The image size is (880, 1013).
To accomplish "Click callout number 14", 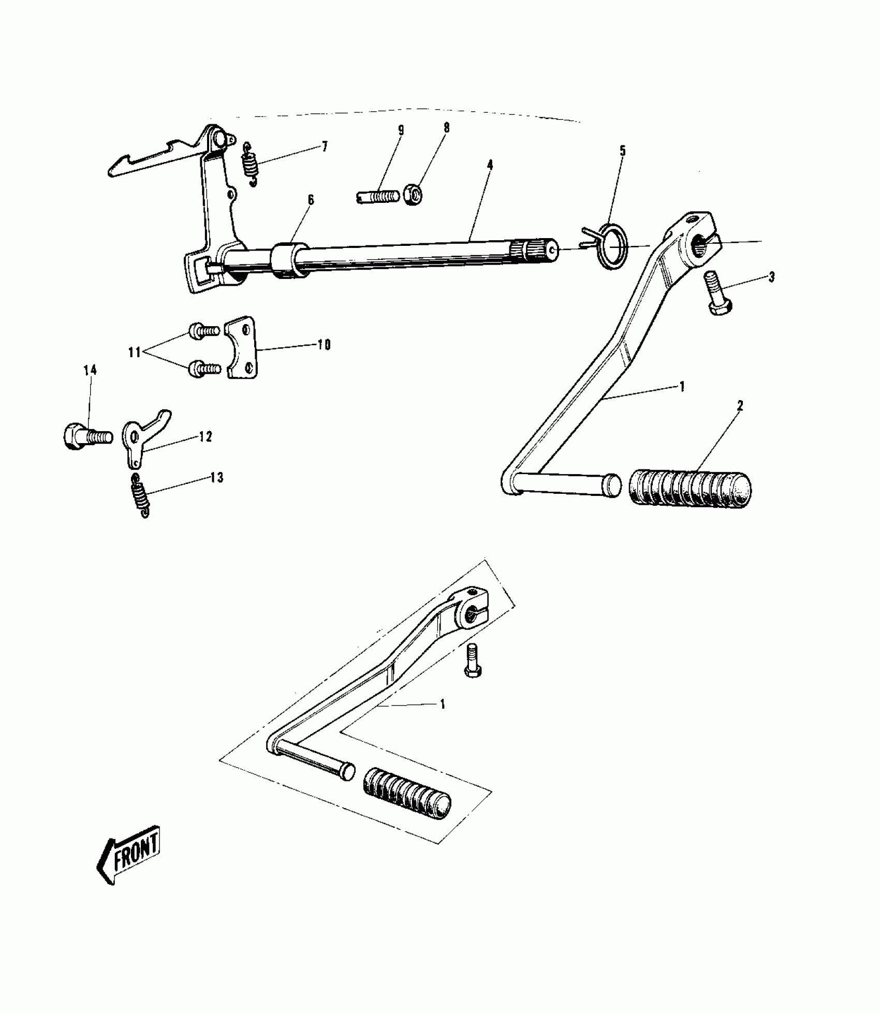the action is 91,370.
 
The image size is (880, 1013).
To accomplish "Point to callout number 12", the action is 206,437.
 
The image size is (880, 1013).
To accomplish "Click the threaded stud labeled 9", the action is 377,197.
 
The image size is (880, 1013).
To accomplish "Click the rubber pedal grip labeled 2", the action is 691,489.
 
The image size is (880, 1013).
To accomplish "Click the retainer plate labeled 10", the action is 241,348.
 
